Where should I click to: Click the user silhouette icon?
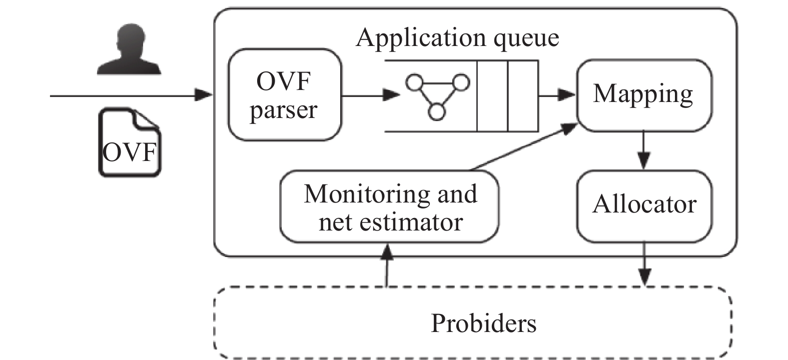click(129, 51)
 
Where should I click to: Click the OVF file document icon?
click(130, 143)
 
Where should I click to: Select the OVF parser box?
click(284, 95)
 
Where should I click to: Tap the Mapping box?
click(643, 95)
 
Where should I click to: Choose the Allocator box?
click(644, 205)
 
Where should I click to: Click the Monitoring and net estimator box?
click(389, 207)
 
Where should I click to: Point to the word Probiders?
click(483, 323)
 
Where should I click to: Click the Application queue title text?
click(457, 37)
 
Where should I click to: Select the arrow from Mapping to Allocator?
click(644, 150)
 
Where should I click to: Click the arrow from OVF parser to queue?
click(370, 94)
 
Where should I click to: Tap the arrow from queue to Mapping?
click(556, 94)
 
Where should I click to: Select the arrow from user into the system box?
click(130, 94)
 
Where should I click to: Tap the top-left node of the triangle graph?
click(414, 82)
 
